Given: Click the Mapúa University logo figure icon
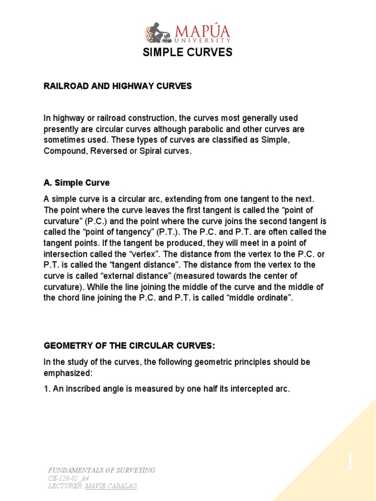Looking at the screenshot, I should (156, 33).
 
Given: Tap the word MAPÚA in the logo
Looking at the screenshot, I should (199, 32).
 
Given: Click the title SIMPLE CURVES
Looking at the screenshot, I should (188, 53).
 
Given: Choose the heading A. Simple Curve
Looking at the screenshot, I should (76, 182).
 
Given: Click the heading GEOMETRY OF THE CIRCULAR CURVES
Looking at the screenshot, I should (129, 346).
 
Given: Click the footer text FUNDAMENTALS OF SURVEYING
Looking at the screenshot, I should (101, 470).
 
